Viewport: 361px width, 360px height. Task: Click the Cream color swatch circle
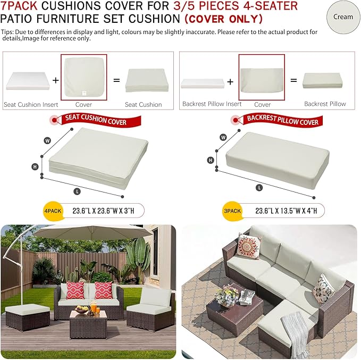[x=343, y=17]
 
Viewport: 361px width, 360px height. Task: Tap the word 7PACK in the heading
[x=19, y=6]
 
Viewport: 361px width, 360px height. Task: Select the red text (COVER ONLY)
[x=223, y=19]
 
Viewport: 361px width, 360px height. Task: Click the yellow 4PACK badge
[x=53, y=211]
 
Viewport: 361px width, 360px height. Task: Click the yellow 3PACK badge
[x=232, y=211]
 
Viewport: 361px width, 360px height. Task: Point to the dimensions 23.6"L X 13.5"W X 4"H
[x=286, y=211]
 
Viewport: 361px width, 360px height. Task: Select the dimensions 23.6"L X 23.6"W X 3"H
[x=103, y=211]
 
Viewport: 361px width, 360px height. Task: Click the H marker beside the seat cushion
[x=35, y=166]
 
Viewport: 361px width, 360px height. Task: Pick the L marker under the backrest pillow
[x=259, y=188]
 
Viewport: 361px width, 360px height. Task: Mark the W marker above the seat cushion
[x=47, y=140]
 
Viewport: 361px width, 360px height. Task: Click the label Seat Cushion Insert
[x=31, y=105]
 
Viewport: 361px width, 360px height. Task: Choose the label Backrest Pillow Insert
[x=212, y=104]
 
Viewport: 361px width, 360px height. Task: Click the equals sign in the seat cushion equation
[x=116, y=81]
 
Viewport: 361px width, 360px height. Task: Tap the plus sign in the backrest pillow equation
[x=230, y=82]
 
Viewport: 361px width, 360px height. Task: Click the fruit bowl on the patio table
[x=82, y=309]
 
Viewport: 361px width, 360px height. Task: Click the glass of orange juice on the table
[x=94, y=308]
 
